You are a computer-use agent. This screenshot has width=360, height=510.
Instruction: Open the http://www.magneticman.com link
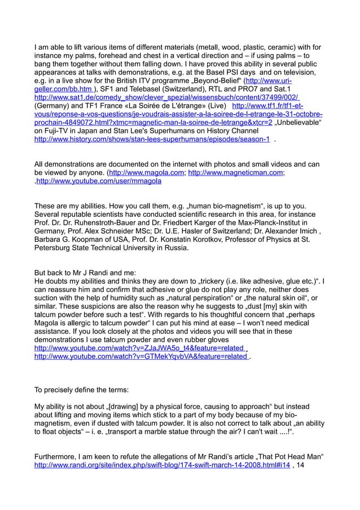[235, 173]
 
